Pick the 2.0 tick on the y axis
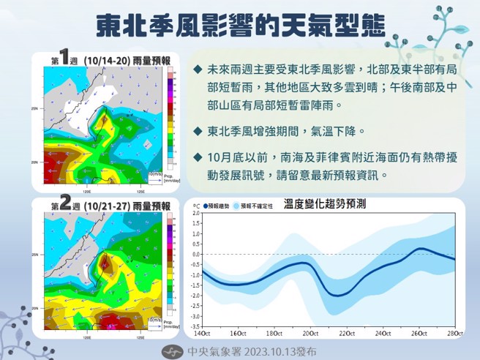(195, 214)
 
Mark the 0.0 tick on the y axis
(195, 255)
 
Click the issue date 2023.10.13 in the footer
(263, 350)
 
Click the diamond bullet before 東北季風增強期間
(198, 132)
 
